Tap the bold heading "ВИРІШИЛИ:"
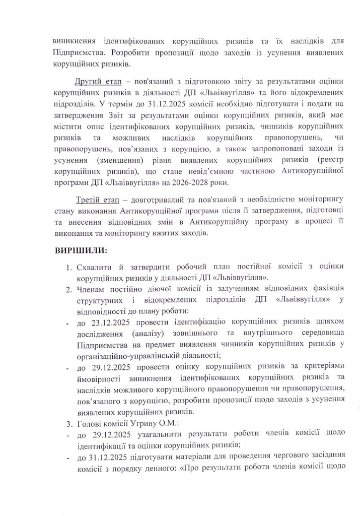[81, 249]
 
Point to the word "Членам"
[92, 289]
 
